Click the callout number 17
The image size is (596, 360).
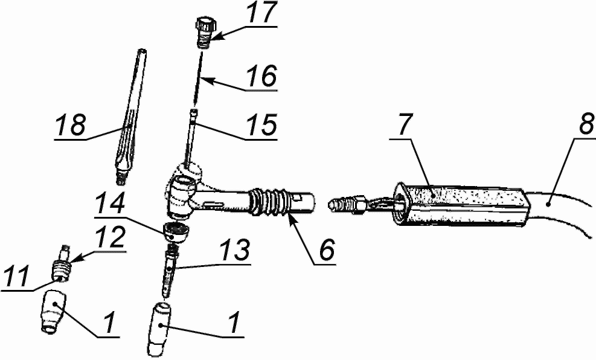262,13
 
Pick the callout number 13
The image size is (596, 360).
236,249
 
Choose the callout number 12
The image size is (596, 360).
111,237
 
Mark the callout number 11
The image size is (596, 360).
16,277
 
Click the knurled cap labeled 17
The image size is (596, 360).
206,31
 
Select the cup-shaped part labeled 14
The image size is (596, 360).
176,231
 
